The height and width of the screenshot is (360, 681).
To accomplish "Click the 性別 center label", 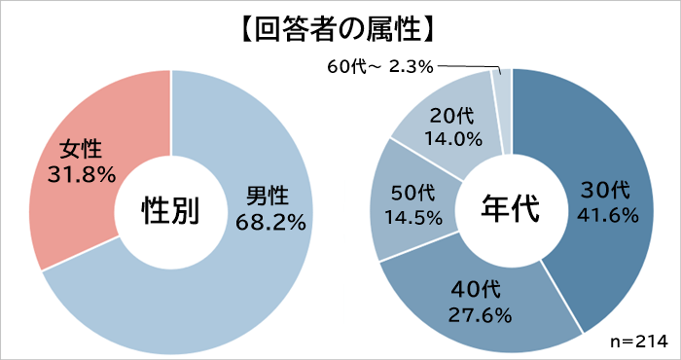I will pyautogui.click(x=171, y=209).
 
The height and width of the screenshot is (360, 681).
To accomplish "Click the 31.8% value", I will pyautogui.click(x=82, y=175).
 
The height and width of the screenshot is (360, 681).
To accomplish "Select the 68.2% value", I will pyautogui.click(x=270, y=222).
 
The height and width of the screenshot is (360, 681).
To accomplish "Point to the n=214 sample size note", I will pyautogui.click(x=633, y=342).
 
